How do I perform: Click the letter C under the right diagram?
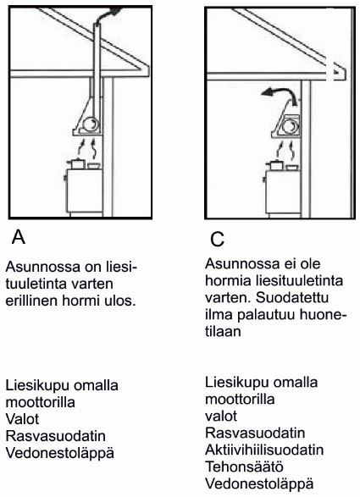217,239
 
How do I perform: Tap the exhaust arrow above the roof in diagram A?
110,12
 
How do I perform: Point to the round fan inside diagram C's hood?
291,127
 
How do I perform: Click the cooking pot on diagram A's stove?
77,163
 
